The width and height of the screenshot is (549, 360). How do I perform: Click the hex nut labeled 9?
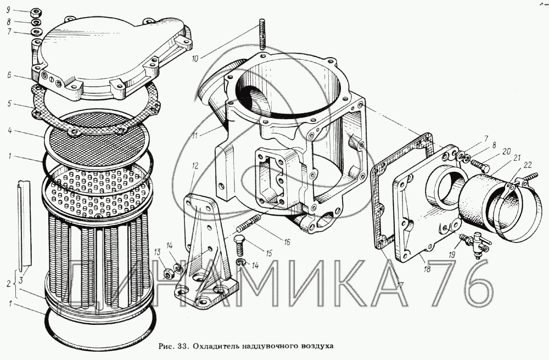(x=36, y=13)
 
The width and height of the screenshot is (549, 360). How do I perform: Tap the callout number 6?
(x=9, y=75)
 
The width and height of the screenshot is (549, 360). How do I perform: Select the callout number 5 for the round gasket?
(x=9, y=104)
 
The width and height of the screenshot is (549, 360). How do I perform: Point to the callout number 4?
(x=9, y=131)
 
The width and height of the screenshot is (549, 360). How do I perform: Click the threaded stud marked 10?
(x=262, y=34)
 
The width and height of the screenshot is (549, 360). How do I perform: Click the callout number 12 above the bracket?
(x=195, y=166)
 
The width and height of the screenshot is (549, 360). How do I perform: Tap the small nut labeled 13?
(x=167, y=274)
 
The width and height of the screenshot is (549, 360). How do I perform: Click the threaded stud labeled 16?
(x=249, y=224)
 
